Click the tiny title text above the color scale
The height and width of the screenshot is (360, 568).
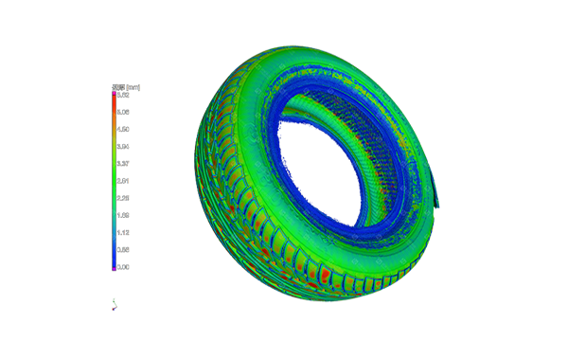pos(122,87)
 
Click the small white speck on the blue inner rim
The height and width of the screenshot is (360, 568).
pos(284,173)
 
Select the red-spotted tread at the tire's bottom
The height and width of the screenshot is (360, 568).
pos(312,275)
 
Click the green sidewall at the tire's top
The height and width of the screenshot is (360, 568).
pos(312,62)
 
